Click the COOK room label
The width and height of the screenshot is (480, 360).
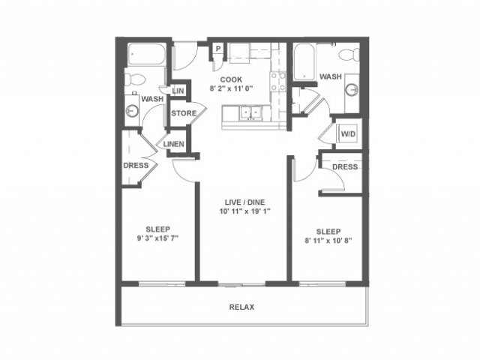point(231,79)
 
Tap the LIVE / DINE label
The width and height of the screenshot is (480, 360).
point(245,202)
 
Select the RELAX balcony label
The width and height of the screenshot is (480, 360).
point(241,307)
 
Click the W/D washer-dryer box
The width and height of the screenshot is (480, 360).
point(348,133)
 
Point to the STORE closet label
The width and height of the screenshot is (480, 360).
point(184,113)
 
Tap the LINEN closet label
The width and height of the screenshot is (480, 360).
point(173,144)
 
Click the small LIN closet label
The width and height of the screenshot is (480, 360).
point(178,91)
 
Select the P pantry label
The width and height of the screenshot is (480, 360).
point(218,49)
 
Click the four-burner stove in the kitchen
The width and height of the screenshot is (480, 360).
point(278,82)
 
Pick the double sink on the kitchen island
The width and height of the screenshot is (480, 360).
point(251,112)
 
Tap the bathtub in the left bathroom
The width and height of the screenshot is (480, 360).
point(146,54)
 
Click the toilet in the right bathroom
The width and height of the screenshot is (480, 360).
point(349,55)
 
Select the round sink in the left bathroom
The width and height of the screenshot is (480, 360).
point(132,110)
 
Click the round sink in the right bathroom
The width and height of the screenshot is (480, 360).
point(352,90)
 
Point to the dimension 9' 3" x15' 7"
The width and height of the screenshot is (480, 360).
point(157,238)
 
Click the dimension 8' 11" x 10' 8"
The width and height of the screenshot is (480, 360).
point(328,241)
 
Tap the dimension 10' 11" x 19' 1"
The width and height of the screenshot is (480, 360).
point(245,211)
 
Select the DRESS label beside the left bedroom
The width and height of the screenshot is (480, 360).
point(136,165)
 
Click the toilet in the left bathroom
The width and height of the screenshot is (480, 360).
point(135,79)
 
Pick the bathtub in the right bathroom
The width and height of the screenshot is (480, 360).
point(304,61)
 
